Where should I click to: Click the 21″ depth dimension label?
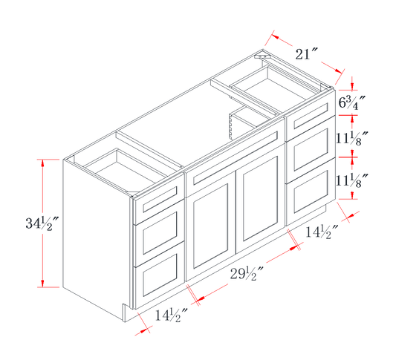tap(306, 54)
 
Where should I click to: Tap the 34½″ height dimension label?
tap(42, 223)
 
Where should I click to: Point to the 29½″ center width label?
tap(247, 274)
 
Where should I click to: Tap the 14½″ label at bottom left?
tap(171, 315)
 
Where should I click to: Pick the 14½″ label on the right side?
tap(322, 232)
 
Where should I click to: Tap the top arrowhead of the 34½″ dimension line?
tap(42, 163)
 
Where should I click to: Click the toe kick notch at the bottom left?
tap(124, 312)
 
